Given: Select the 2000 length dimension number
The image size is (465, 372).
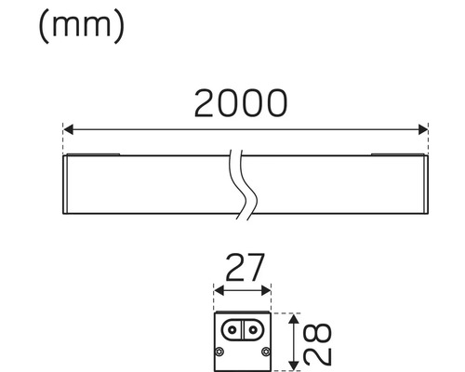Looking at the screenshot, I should coord(240,104).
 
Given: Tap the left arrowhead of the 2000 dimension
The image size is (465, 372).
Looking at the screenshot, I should coord(67,128).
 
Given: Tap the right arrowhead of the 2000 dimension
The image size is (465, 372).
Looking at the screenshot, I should coord(423,128).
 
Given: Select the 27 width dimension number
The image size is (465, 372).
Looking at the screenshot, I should coord(242,269).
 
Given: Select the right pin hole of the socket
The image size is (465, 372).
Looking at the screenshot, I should coord(251,330).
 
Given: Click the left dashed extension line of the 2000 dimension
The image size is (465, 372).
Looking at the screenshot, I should coord(62,139).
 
